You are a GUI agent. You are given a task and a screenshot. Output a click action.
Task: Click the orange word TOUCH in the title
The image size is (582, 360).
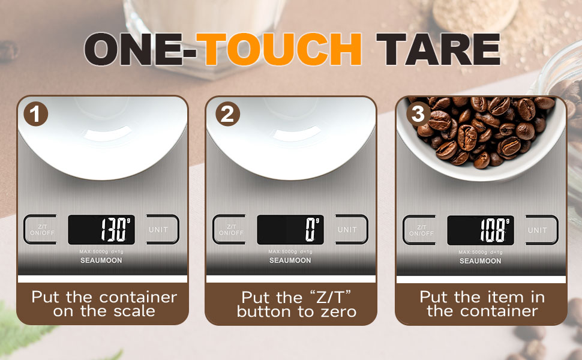[279, 49]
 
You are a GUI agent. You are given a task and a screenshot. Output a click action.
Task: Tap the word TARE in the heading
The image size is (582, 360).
[439, 49]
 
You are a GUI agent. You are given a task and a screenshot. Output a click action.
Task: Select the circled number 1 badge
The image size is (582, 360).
[35, 114]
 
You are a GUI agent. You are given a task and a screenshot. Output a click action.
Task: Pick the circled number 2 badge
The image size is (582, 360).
[227, 114]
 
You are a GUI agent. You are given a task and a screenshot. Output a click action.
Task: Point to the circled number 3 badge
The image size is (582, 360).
[418, 114]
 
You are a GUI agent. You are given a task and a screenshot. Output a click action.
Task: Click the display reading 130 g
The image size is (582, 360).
[101, 230]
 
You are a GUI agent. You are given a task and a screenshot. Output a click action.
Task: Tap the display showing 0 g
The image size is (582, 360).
[290, 230]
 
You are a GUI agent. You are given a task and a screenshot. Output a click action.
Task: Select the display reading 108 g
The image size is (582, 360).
[481, 230]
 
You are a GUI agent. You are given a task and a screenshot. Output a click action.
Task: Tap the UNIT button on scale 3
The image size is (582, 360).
[541, 230]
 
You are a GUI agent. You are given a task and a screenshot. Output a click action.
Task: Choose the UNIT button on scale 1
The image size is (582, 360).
[162, 230]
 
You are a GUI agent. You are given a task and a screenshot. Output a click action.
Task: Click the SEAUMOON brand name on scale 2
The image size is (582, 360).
[290, 260]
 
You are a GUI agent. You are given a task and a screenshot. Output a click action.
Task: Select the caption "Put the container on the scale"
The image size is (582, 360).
[104, 304]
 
